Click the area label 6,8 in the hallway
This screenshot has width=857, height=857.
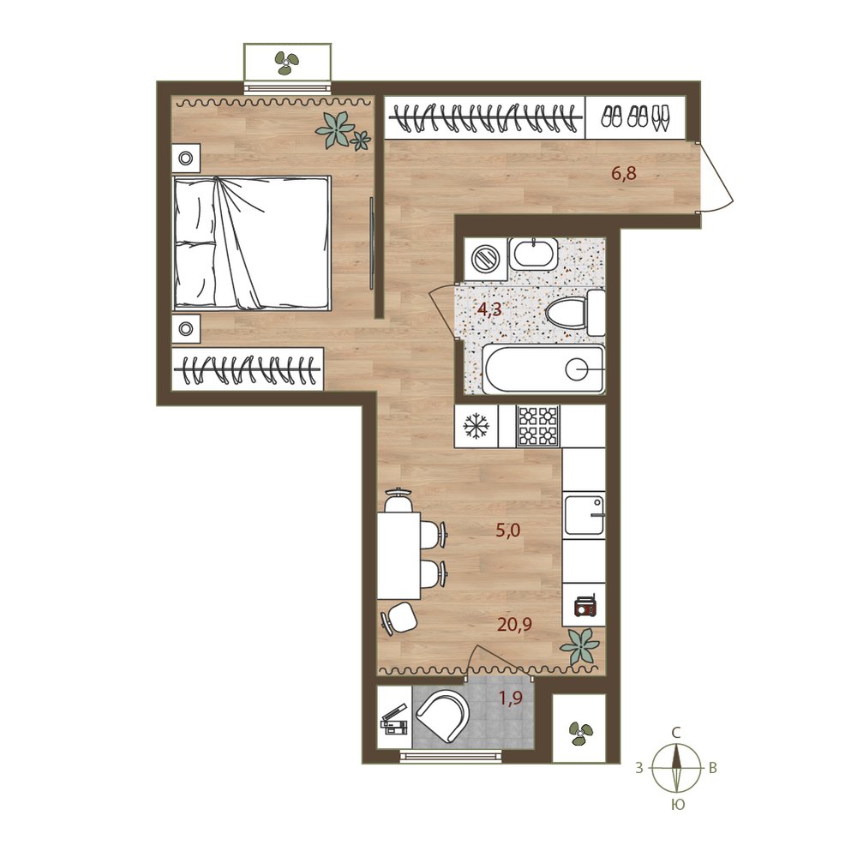click(624, 175)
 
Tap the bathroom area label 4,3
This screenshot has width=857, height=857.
click(489, 310)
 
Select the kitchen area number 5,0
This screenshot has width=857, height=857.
click(507, 530)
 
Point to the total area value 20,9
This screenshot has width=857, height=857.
click(514, 624)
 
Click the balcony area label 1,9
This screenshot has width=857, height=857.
click(511, 698)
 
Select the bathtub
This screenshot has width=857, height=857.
click(544, 369)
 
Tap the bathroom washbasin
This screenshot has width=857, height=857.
click(533, 253)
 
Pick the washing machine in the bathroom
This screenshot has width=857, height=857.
click(485, 259)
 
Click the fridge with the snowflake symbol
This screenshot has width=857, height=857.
click(476, 426)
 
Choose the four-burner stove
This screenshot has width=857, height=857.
click(538, 426)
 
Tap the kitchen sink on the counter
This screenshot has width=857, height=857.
click(584, 515)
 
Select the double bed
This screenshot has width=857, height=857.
click(251, 243)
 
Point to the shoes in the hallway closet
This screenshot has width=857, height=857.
click(635, 117)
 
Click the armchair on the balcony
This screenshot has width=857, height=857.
click(443, 716)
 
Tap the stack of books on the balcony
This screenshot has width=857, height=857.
click(394, 721)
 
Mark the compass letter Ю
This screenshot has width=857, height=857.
click(677, 805)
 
